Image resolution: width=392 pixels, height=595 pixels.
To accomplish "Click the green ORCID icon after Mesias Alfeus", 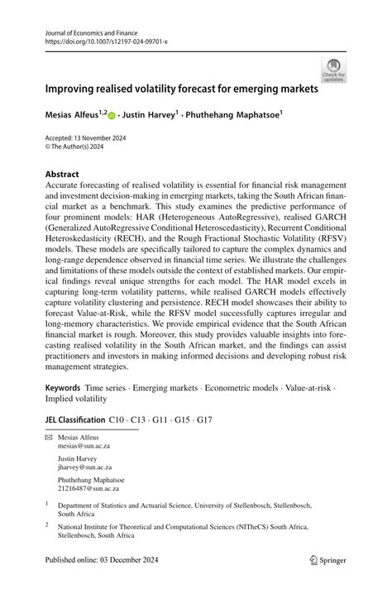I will point(112,117).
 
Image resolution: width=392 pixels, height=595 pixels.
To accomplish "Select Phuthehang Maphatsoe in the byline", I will point(241,116).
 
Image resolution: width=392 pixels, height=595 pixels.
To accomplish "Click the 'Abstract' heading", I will point(62,175).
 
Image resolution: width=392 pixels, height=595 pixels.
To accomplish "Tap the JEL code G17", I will point(203,420).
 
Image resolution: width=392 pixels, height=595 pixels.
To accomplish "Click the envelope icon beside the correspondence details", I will point(49,436).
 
